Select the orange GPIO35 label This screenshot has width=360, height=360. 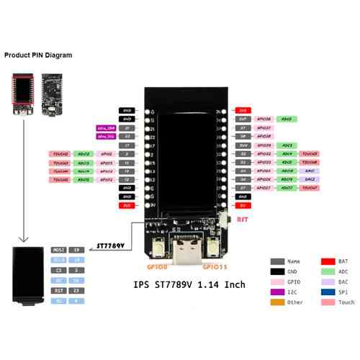[213, 268]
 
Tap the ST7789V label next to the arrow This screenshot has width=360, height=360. [111, 246]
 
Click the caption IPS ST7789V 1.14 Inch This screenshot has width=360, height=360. [189, 285]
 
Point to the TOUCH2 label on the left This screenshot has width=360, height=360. [60, 154]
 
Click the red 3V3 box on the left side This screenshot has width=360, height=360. [127, 204]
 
